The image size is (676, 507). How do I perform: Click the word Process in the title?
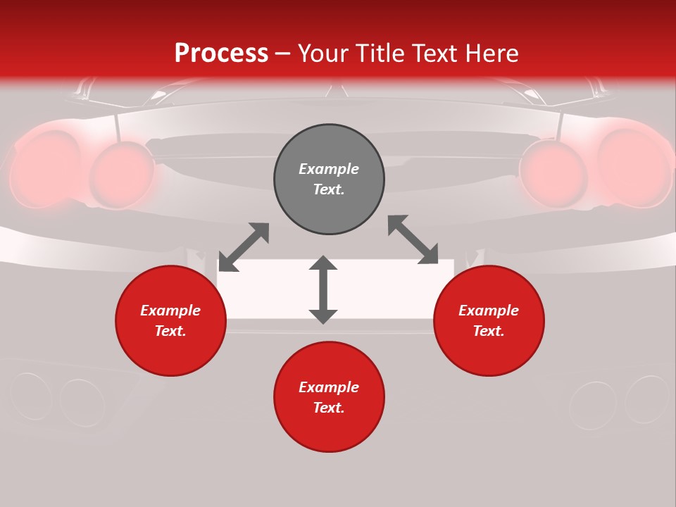[221, 54]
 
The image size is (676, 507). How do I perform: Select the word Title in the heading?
[383, 54]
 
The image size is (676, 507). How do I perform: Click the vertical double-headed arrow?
[323, 290]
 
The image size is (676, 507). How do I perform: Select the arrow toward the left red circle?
[244, 247]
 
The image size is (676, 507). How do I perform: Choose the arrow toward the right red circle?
[413, 240]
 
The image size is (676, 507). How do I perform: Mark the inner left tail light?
[122, 175]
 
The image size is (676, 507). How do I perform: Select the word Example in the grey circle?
[329, 169]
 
